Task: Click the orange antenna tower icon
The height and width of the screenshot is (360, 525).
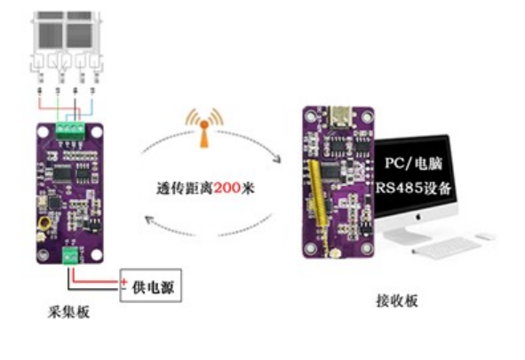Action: [204, 128]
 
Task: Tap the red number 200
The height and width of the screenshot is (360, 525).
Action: [227, 188]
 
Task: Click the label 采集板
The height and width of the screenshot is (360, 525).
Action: [68, 313]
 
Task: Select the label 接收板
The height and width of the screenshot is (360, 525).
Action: [397, 300]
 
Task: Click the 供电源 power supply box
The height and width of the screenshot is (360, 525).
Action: [151, 285]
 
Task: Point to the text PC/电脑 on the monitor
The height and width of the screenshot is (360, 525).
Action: [413, 164]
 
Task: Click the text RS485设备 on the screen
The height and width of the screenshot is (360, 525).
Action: [413, 188]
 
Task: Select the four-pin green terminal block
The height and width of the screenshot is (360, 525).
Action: [70, 131]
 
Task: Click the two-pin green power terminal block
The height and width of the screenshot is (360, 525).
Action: [70, 256]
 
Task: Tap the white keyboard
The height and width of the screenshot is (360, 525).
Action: [446, 248]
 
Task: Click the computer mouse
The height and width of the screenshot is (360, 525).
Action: [485, 236]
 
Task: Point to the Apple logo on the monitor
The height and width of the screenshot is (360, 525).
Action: [418, 217]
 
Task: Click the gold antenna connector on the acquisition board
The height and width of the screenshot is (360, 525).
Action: [44, 222]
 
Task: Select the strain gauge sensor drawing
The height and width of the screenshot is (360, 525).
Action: [67, 47]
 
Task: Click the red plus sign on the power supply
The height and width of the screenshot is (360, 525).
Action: [123, 281]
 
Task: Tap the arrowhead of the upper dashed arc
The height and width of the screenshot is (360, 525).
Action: [277, 159]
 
